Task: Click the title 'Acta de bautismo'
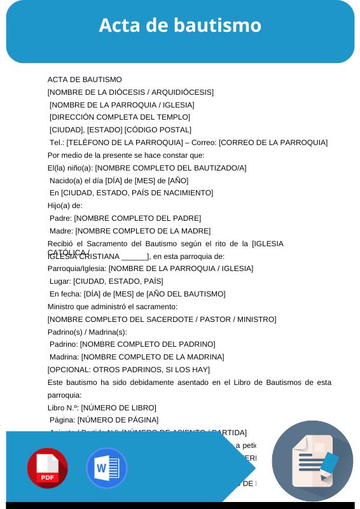[180, 25]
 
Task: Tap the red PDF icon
[48, 468]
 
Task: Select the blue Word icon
[106, 468]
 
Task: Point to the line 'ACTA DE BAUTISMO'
[85, 80]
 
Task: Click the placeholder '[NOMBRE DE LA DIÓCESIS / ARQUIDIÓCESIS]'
[130, 92]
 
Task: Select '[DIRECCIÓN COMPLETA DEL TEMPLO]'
[120, 117]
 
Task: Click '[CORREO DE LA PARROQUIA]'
[273, 143]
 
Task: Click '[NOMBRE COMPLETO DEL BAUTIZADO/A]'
[170, 168]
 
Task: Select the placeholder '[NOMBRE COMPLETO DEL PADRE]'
[137, 218]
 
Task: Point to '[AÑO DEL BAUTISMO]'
[186, 294]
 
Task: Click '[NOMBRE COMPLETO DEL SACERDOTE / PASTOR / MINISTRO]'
[162, 319]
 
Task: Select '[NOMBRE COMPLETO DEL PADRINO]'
[148, 344]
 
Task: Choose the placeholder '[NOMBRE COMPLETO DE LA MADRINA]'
[153, 357]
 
